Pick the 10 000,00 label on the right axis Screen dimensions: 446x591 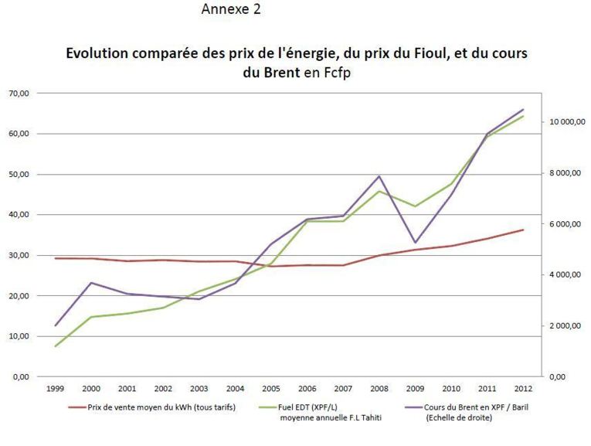567,122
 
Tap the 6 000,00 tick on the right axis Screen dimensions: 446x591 567,224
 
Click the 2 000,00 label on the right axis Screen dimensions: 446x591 567,325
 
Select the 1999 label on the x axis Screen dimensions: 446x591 56,389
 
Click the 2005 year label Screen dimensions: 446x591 271,389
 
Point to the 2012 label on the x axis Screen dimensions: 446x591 522,389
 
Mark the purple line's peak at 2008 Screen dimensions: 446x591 379,175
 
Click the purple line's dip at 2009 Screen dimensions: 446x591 415,243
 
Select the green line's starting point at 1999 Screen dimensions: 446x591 56,346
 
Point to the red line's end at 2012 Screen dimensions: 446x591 522,230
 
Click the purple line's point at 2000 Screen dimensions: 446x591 92,283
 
